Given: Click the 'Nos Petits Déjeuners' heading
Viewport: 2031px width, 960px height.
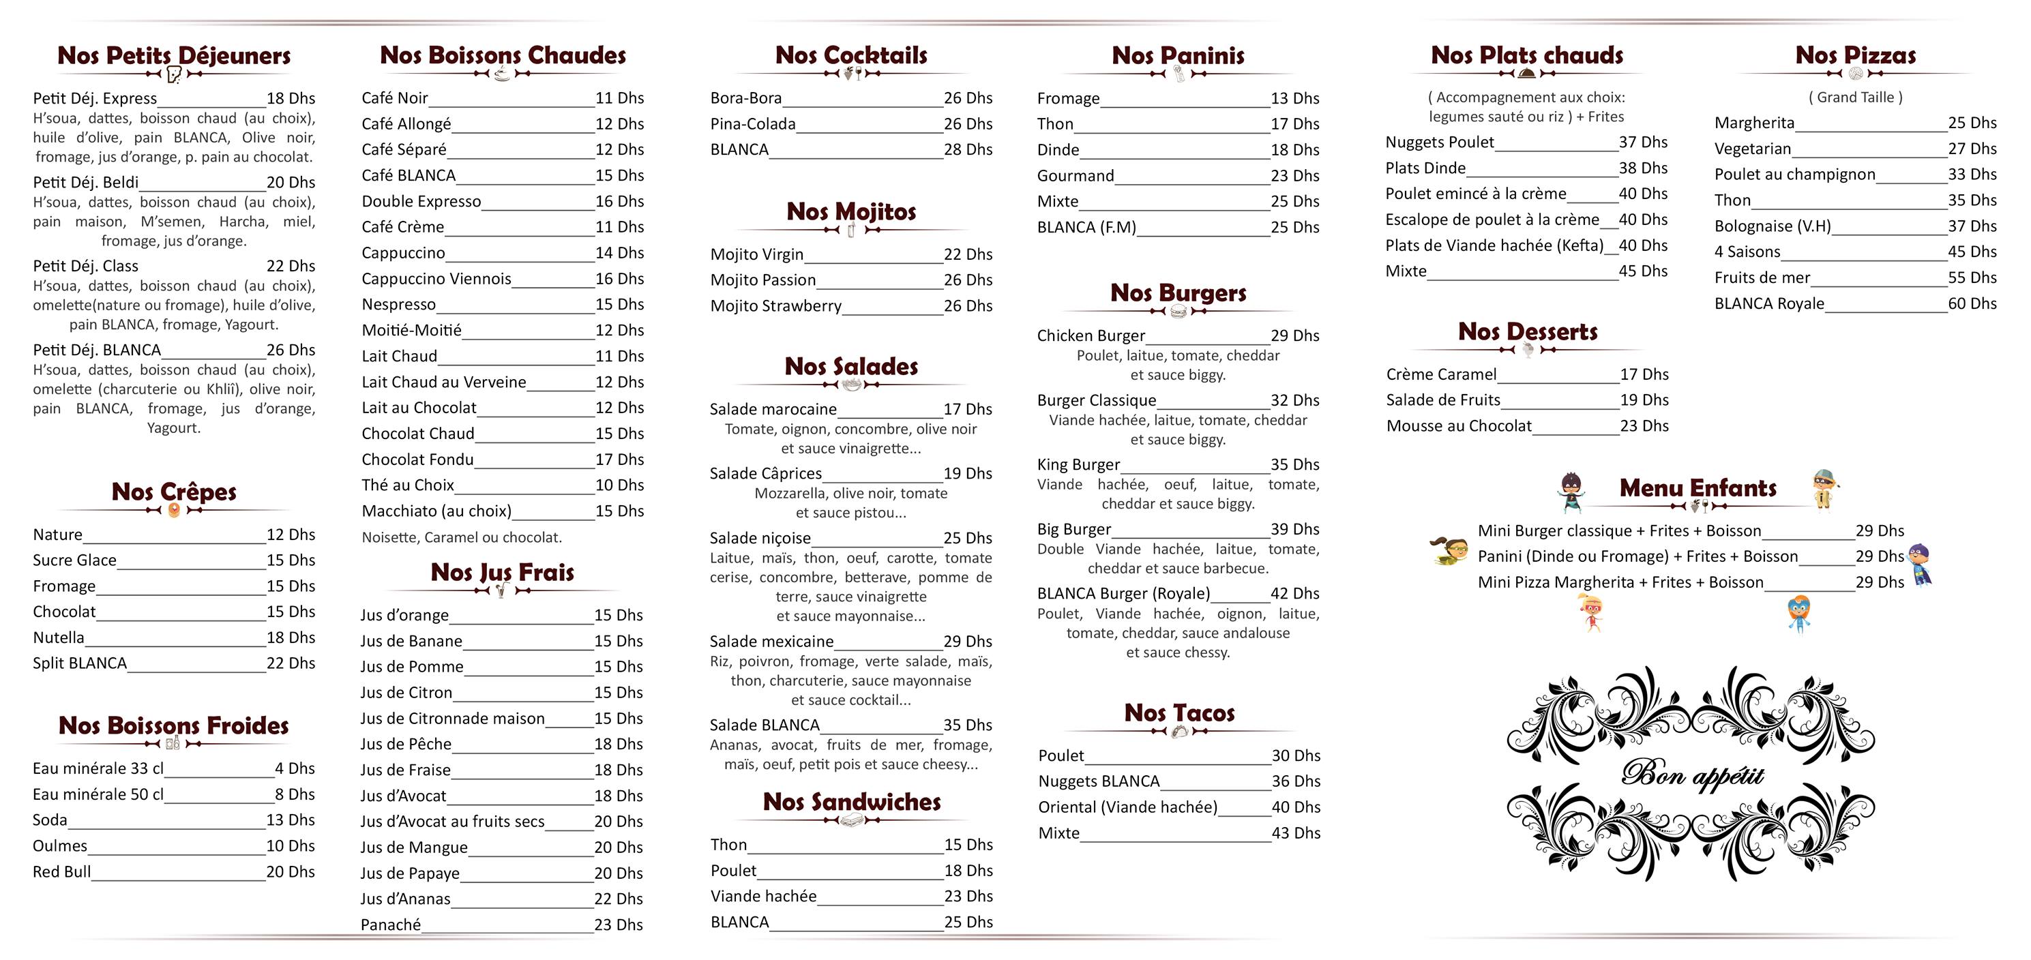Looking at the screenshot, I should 173,56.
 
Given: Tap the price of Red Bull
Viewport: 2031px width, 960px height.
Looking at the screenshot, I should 290,872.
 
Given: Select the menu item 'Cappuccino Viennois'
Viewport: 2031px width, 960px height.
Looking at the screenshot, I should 436,279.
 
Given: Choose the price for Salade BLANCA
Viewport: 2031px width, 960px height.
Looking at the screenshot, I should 967,725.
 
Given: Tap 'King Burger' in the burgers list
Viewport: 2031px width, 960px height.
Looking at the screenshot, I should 1078,465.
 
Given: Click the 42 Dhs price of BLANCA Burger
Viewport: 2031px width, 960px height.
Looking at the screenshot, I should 1294,593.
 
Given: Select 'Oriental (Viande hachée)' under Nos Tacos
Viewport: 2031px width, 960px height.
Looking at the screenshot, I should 1127,807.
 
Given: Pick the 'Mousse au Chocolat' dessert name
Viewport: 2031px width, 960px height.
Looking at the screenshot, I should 1459,426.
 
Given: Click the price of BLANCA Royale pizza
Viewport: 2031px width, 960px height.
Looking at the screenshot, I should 1972,303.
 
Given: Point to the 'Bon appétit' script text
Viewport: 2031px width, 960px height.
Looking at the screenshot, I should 1692,775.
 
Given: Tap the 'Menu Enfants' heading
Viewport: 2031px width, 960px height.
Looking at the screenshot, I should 1698,489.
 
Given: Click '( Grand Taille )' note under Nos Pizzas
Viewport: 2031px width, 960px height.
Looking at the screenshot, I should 1855,97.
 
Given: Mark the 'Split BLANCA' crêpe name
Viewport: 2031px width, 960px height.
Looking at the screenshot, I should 80,663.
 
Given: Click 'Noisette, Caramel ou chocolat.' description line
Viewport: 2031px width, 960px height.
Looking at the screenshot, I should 462,537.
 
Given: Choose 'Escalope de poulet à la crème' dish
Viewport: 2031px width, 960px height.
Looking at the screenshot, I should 1492,220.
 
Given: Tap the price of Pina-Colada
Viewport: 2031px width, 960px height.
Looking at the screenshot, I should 967,123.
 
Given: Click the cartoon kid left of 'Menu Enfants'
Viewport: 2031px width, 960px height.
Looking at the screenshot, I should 1571,492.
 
